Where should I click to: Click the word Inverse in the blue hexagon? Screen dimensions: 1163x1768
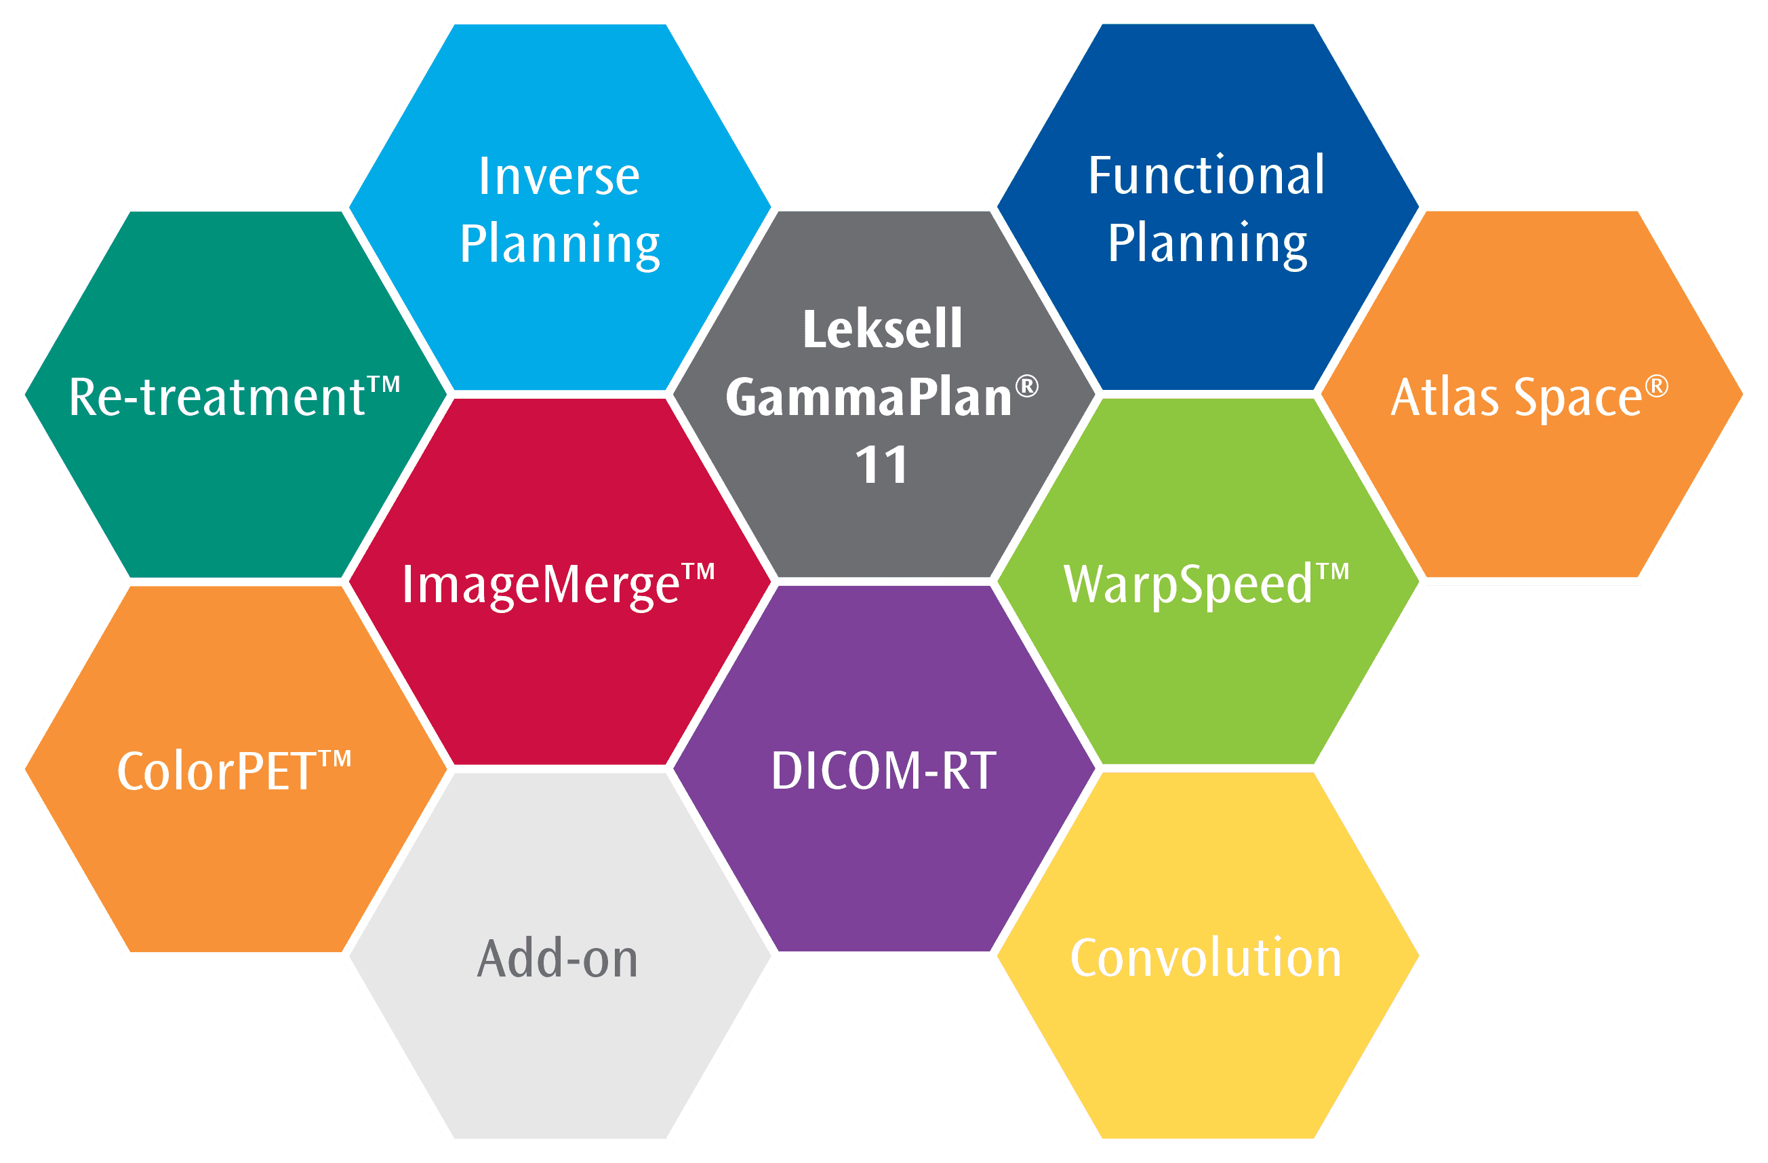point(559,177)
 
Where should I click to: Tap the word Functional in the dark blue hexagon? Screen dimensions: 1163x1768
point(1207,176)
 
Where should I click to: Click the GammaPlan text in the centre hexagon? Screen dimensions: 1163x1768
point(868,397)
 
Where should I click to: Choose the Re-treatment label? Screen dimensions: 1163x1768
point(217,397)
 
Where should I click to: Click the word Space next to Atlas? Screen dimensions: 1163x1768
point(1578,398)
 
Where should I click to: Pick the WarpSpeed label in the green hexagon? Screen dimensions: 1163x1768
point(1188,585)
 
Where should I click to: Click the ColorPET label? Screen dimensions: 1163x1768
point(217,771)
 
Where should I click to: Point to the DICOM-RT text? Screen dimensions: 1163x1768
point(883,770)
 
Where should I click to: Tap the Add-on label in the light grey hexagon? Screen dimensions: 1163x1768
point(557,959)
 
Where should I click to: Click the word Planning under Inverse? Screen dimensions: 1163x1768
point(559,245)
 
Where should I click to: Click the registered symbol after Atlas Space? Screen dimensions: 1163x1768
point(1657,387)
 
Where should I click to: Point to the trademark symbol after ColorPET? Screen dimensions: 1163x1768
point(335,759)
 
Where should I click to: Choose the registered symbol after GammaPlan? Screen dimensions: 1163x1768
point(1026,386)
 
